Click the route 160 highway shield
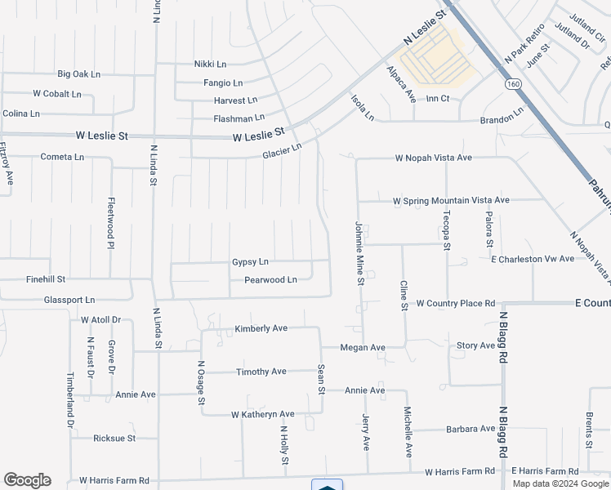(513, 84)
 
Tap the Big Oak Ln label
(78, 74)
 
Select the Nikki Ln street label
(210, 64)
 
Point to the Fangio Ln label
(223, 82)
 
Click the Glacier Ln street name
(283, 151)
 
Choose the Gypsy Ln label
(250, 262)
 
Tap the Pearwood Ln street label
(270, 280)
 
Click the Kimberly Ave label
(261, 328)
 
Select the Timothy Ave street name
(261, 372)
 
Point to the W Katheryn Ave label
(262, 415)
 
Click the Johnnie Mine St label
(359, 252)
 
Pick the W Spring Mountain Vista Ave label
(451, 200)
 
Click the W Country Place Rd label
(456, 303)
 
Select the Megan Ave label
(362, 347)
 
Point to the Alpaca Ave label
(401, 83)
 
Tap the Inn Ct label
(438, 99)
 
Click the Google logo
(27, 480)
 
